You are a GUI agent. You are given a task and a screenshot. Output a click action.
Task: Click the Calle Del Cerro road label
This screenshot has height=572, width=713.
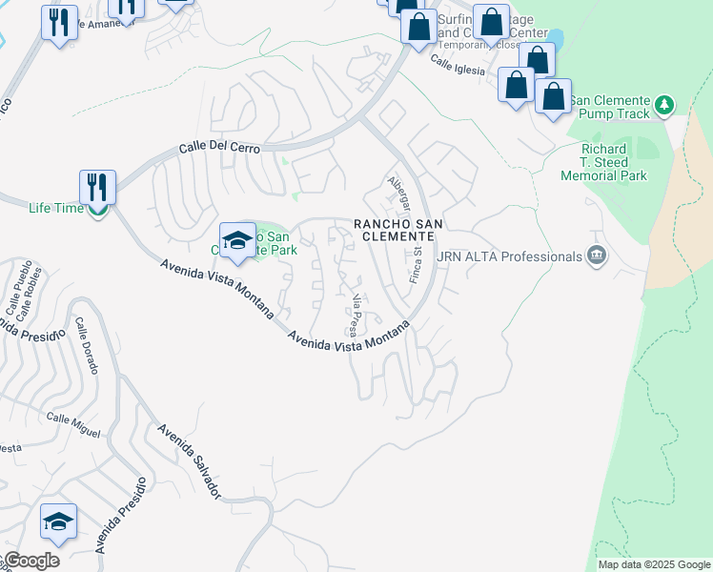[x=220, y=149]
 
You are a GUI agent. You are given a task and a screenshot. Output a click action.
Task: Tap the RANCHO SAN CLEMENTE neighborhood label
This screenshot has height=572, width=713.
[x=401, y=230]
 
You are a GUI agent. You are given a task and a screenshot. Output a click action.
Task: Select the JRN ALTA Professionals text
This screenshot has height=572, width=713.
[x=509, y=256]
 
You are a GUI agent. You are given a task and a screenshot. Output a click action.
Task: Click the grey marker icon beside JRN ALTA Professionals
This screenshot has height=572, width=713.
[x=597, y=255]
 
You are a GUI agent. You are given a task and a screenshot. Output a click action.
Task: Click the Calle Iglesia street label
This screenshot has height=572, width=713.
[x=458, y=65]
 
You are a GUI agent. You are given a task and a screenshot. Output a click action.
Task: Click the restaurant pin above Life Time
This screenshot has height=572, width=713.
[x=97, y=186]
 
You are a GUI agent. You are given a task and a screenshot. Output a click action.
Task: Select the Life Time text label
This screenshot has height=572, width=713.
[x=55, y=208]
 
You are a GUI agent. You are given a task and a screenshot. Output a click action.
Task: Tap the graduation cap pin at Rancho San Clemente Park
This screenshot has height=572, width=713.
[x=237, y=240]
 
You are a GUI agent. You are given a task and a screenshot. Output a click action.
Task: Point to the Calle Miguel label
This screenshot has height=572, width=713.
[x=73, y=425]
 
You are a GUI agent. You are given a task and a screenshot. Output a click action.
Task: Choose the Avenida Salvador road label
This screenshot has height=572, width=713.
[x=190, y=461]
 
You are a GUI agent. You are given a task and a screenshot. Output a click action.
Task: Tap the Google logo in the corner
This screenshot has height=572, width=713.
[x=31, y=561]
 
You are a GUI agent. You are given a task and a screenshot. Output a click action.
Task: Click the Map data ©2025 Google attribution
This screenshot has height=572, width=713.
[x=653, y=564]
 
